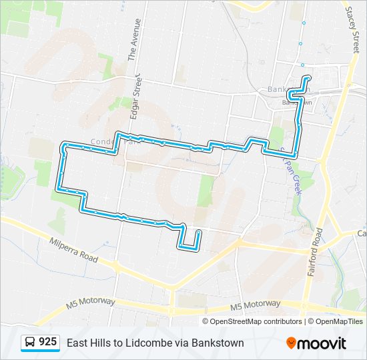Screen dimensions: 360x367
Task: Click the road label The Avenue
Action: pyautogui.click(x=135, y=40)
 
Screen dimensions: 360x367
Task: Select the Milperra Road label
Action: pyautogui.click(x=73, y=249)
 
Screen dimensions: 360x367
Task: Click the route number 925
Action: pyautogui.click(x=47, y=342)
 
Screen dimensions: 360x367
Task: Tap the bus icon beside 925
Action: pyautogui.click(x=30, y=343)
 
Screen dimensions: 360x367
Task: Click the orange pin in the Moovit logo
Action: pyautogui.click(x=292, y=343)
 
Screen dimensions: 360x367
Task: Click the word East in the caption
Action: pyautogui.click(x=77, y=343)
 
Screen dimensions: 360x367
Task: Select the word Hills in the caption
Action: pyautogui.click(x=102, y=343)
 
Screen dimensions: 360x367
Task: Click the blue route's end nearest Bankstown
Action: pyautogui.click(x=308, y=78)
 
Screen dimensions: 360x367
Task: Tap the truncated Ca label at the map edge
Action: pyautogui.click(x=362, y=233)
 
